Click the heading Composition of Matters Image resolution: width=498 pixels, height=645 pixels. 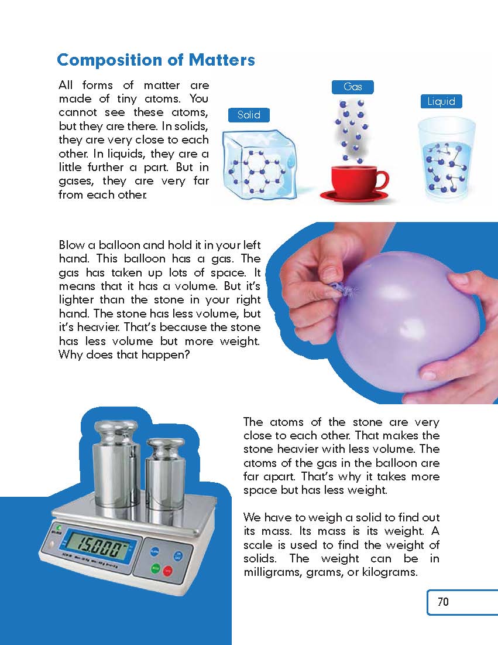click(156, 60)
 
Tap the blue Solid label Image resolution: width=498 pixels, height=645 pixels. click(249, 115)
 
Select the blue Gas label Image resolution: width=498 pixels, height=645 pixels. click(352, 87)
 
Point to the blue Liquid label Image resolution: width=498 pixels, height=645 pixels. click(441, 101)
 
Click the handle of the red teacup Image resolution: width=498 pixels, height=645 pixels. click(382, 180)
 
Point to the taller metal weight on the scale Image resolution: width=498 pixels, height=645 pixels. click(116, 465)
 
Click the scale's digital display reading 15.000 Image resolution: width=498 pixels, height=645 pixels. click(98, 546)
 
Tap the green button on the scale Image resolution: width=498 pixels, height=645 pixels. click(155, 568)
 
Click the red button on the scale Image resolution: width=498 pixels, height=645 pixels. click(167, 571)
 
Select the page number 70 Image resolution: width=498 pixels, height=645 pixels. click(443, 602)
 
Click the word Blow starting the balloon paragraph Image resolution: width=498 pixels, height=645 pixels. click(71, 245)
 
